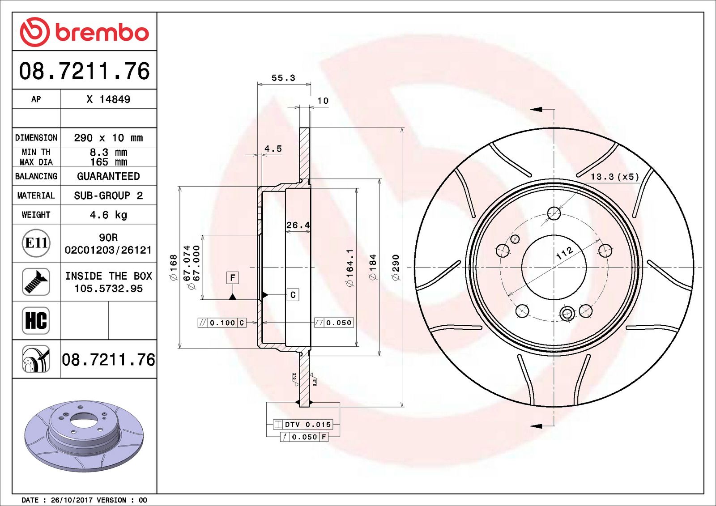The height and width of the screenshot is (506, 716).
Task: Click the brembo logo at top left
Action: click(x=84, y=32)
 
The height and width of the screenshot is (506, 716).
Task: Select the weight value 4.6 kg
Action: click(x=108, y=215)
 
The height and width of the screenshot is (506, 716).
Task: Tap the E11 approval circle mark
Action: click(x=36, y=243)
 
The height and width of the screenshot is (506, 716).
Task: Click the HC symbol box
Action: click(x=36, y=320)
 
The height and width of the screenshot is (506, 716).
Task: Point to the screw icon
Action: click(x=36, y=282)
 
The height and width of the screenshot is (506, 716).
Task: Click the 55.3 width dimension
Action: click(x=283, y=78)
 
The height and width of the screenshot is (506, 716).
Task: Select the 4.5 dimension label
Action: click(x=273, y=149)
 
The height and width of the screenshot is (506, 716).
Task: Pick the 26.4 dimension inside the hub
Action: click(x=298, y=225)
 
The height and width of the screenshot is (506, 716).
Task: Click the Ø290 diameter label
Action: click(x=396, y=268)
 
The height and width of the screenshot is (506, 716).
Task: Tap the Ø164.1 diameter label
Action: click(x=350, y=268)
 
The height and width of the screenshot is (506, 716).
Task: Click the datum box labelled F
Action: click(x=232, y=278)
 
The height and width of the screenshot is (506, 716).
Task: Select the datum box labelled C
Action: click(x=293, y=295)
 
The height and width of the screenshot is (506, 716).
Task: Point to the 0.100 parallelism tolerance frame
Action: click(x=222, y=323)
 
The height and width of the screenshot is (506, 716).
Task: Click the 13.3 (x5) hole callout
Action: click(x=614, y=177)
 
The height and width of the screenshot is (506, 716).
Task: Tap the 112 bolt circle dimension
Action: click(x=564, y=253)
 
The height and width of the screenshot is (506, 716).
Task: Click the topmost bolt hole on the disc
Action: click(x=554, y=213)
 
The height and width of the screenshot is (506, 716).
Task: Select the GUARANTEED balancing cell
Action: click(x=108, y=176)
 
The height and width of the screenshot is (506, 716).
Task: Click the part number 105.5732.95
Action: click(x=108, y=289)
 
